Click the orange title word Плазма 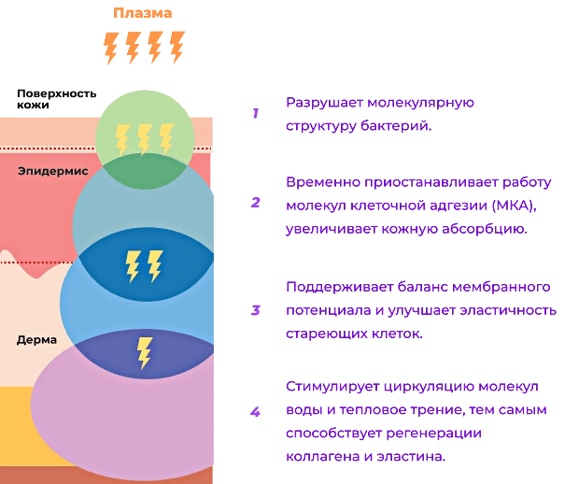(x=143, y=13)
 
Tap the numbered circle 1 (x=254, y=113)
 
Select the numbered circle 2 (x=254, y=202)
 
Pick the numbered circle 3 (x=254, y=309)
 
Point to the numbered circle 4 (x=254, y=410)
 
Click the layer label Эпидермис (x=52, y=172)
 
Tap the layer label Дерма (x=36, y=339)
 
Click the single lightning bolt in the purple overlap (x=145, y=351)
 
